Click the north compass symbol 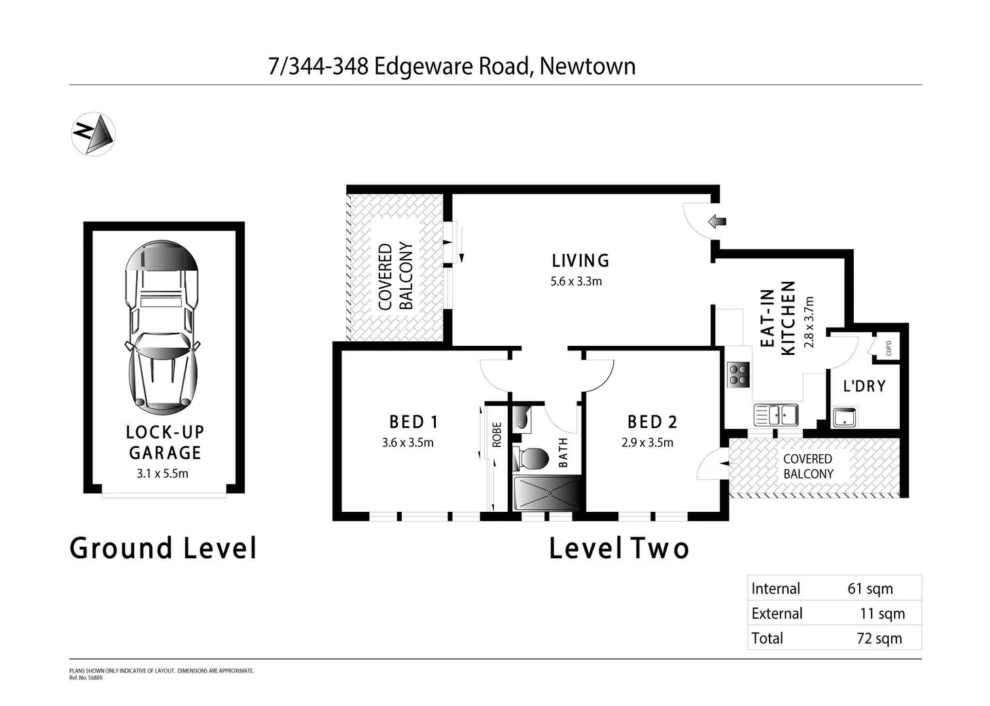(x=93, y=134)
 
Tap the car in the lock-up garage (x=162, y=328)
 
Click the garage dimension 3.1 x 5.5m (x=162, y=473)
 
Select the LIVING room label (x=580, y=261)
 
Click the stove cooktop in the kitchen (x=738, y=375)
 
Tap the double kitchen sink (x=775, y=414)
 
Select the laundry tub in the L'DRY (x=844, y=416)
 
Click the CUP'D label (x=888, y=346)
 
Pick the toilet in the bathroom (x=530, y=458)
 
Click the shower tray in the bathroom (x=547, y=493)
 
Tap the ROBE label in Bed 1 (x=497, y=435)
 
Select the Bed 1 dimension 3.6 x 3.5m (x=408, y=443)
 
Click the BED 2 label (x=652, y=422)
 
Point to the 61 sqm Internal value (x=870, y=588)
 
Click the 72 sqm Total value (x=879, y=638)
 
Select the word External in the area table (x=777, y=613)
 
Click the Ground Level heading (x=164, y=548)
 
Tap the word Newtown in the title (x=588, y=66)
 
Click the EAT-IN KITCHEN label (x=779, y=318)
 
